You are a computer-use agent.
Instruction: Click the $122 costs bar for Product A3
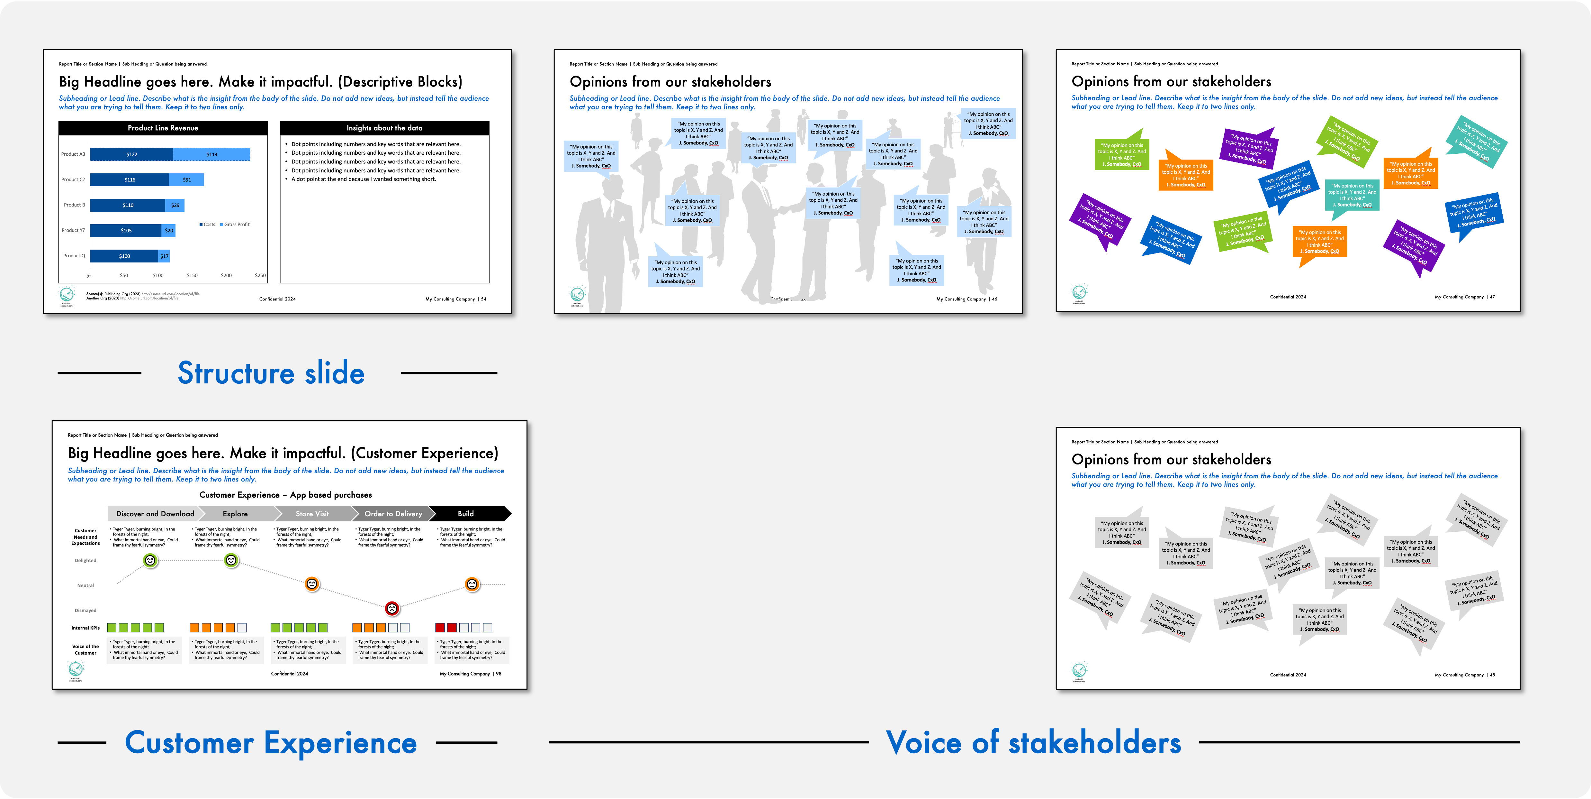pyautogui.click(x=131, y=154)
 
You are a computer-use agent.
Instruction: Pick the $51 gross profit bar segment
pyautogui.click(x=186, y=180)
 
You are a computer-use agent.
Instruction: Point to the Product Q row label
pyautogui.click(x=74, y=256)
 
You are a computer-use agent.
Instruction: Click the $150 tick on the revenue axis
pyautogui.click(x=192, y=276)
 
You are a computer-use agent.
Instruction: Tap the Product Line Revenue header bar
pyautogui.click(x=163, y=128)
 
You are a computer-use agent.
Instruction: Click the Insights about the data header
pyautogui.click(x=384, y=128)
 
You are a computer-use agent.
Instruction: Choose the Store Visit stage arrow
pyautogui.click(x=312, y=513)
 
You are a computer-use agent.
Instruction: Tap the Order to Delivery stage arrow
pyautogui.click(x=393, y=513)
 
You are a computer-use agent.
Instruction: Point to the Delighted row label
pyautogui.click(x=85, y=560)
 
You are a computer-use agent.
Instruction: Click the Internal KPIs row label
pyautogui.click(x=85, y=628)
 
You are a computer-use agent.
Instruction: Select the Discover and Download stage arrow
pyautogui.click(x=155, y=513)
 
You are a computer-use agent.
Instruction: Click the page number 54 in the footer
pyautogui.click(x=484, y=299)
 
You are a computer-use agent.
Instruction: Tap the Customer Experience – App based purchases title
pyautogui.click(x=285, y=495)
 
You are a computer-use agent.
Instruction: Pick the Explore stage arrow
pyautogui.click(x=235, y=513)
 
